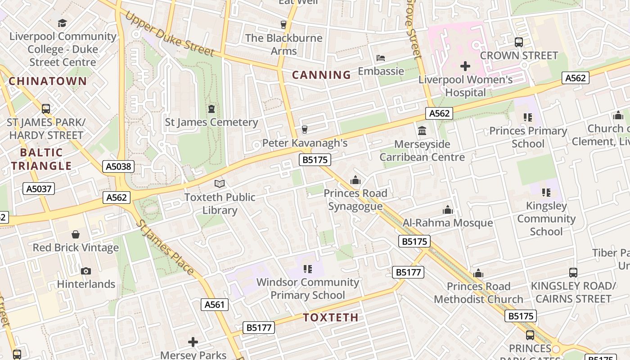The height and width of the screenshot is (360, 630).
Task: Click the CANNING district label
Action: pos(321,75)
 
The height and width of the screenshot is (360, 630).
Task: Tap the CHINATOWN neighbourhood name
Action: pos(48,81)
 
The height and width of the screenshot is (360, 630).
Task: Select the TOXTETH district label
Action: pos(331,317)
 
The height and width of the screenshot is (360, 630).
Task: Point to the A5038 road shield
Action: pos(119,166)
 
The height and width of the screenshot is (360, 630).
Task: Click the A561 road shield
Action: pos(214,305)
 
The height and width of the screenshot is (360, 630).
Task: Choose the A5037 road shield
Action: pos(39,189)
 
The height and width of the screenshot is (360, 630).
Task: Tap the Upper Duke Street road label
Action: pos(170,34)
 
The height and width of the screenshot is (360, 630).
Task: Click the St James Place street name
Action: pos(165,247)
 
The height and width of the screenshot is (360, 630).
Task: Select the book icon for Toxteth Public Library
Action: pos(220,184)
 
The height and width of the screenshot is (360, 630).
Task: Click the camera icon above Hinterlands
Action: pos(86,271)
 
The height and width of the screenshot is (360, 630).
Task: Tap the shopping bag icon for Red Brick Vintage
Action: pos(76,234)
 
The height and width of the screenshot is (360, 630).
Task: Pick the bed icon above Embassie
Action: pos(381,58)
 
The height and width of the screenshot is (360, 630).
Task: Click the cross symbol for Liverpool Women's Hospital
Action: pos(465,67)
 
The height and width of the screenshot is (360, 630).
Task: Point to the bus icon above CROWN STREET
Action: pos(519,42)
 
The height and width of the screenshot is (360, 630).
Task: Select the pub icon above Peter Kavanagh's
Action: pos(305,130)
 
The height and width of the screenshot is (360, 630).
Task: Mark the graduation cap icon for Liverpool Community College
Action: pos(63,23)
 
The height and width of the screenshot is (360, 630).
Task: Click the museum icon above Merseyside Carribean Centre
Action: pos(422,131)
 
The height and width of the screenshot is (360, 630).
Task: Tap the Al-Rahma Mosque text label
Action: pos(448,223)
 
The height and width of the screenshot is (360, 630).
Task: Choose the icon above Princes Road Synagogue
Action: pos(355,180)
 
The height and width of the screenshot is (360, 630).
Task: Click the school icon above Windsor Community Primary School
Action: pos(308,269)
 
